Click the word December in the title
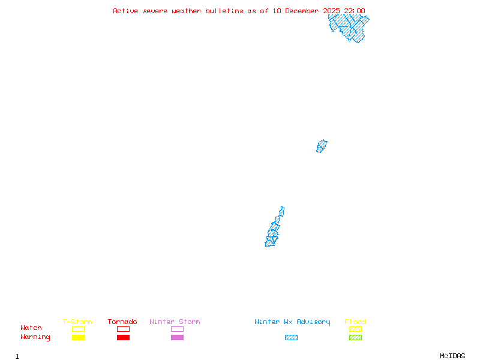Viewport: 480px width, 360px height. tap(302, 11)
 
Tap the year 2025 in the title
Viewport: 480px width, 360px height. tap(332, 11)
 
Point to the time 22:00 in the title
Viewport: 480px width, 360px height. tap(355, 11)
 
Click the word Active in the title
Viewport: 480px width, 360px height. tap(125, 11)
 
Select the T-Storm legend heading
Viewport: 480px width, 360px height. tap(77, 322)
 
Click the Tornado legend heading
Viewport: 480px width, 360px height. tap(122, 322)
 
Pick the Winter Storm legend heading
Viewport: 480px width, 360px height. tap(175, 322)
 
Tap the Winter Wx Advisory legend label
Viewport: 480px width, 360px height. tap(292, 322)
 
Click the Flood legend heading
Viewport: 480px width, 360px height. tap(355, 322)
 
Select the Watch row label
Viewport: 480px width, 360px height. tap(31, 328)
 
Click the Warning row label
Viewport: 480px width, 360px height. tap(35, 337)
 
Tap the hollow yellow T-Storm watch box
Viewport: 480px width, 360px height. tap(79, 329)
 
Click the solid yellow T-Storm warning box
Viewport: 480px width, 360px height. tap(79, 337)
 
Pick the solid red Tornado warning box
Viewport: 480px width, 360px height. tap(124, 337)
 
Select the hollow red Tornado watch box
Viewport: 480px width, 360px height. tap(124, 329)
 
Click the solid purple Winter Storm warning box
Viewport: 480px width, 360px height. tap(177, 337)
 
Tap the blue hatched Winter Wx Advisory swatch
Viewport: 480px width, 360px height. tap(291, 337)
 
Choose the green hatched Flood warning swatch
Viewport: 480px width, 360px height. tap(355, 337)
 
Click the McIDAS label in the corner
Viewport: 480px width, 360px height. tap(452, 356)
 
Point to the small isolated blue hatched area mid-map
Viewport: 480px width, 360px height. tap(322, 146)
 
